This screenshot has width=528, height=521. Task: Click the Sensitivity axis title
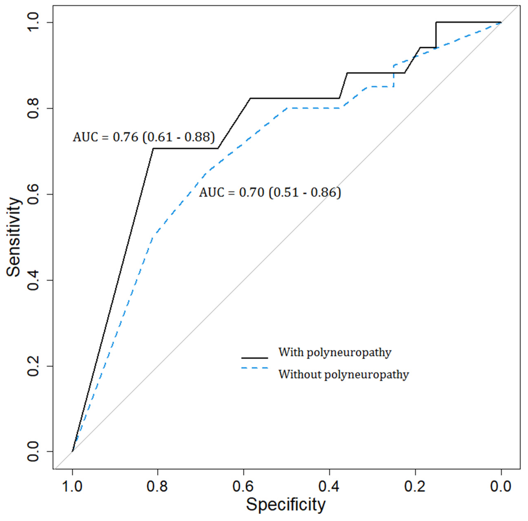14,237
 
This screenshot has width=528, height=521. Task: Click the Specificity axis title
286,504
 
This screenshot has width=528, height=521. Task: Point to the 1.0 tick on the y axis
33,22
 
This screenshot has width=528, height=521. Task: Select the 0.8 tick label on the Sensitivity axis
33,108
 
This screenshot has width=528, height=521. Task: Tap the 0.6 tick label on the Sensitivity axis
33,194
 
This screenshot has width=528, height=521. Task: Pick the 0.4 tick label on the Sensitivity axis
33,280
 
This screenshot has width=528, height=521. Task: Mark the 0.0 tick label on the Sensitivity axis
33,452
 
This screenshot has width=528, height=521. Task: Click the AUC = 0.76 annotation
144,137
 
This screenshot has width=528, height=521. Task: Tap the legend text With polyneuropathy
335,353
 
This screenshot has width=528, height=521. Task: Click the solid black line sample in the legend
255,358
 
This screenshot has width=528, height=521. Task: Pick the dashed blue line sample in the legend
255,368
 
